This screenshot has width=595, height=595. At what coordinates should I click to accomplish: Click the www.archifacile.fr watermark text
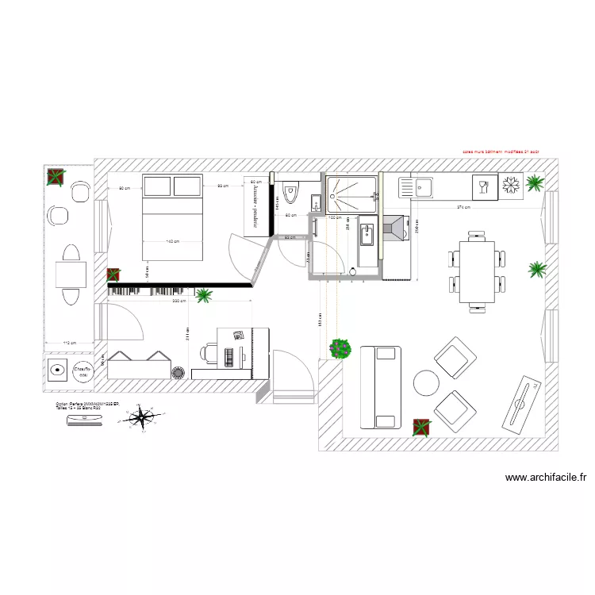coord(545,478)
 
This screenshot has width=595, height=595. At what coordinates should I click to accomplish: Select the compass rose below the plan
coord(143,416)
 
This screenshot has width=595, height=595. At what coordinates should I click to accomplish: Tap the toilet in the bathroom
coord(290,194)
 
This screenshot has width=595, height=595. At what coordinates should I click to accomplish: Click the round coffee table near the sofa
coord(426,383)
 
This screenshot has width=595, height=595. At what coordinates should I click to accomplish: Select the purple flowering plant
coord(341,347)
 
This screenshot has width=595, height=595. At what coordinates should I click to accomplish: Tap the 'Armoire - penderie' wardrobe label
coord(255,205)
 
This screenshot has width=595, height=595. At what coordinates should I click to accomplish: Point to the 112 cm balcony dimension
coord(69,343)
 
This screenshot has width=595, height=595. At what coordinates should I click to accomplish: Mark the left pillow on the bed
coord(156,186)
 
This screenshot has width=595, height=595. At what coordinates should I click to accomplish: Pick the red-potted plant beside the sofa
coord(420,428)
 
